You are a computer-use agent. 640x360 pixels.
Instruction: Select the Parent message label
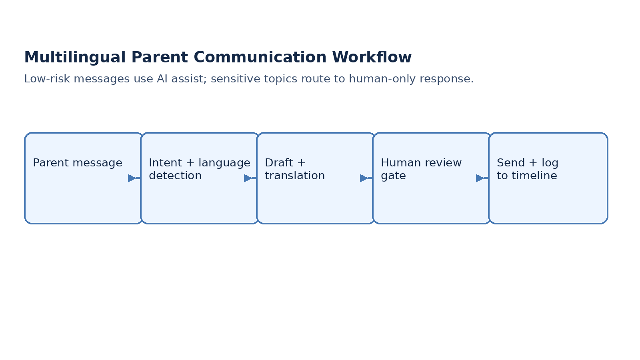click(78, 163)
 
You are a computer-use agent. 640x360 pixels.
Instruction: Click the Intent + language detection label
click(199, 169)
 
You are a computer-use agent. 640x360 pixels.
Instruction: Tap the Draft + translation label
click(294, 169)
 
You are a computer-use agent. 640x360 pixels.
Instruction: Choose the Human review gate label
click(421, 169)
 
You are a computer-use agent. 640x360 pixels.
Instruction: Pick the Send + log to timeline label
click(527, 169)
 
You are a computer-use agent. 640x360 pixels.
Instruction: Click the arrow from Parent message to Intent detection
click(134, 178)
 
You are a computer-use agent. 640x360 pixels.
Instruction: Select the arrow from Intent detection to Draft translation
click(250, 178)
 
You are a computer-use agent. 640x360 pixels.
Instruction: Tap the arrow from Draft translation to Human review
click(366, 178)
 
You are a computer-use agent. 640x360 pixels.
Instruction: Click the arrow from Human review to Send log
click(482, 178)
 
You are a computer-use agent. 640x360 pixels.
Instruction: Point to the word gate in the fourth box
click(393, 176)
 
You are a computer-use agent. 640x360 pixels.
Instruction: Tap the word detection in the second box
click(175, 176)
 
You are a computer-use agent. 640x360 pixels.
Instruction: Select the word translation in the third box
click(295, 176)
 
